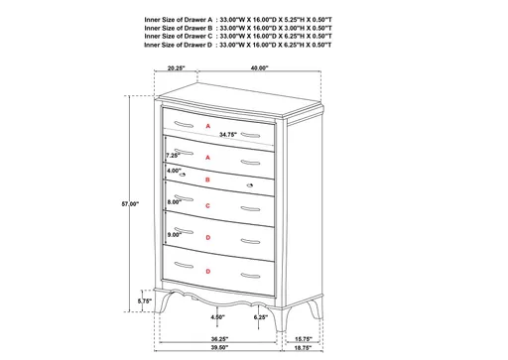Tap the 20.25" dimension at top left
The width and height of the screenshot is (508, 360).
point(177,68)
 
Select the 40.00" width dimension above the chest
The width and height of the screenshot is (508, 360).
point(259,68)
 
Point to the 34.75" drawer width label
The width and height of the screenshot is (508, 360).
point(227,134)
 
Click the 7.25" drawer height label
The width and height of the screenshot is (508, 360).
point(172,156)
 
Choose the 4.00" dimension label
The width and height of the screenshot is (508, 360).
point(175,171)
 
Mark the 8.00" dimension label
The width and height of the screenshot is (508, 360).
point(174,201)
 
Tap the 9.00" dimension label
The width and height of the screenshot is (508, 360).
point(175,234)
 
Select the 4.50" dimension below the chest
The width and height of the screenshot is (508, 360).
point(218,317)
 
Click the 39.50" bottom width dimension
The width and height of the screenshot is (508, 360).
point(219,350)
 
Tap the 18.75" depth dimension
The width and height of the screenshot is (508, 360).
point(304,350)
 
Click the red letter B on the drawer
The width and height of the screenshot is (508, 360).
point(207,180)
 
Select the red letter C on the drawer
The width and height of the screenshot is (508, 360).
point(207,205)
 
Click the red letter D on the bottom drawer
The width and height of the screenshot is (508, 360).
point(207,271)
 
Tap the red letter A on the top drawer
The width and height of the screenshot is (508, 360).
point(207,127)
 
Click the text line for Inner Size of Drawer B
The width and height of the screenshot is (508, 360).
point(237,28)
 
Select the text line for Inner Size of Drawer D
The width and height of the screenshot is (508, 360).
point(237,46)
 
